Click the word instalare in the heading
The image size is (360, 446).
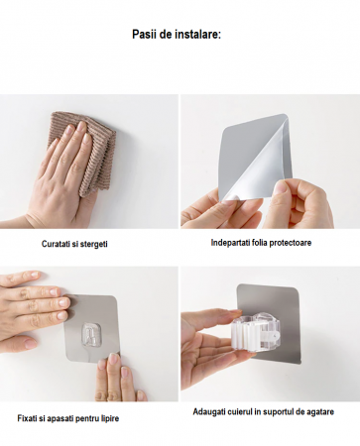coord(198,35)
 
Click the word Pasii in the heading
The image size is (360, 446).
coord(144,35)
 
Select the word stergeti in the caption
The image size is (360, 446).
coord(94,244)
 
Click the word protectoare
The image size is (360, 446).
coord(291,243)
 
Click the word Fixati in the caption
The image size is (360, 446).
coord(27,418)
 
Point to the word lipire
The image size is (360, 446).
coord(109,418)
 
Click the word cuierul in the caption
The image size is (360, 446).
coord(240,412)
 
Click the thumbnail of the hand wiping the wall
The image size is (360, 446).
coord(89,162)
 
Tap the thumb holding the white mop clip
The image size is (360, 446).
coord(228,314)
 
